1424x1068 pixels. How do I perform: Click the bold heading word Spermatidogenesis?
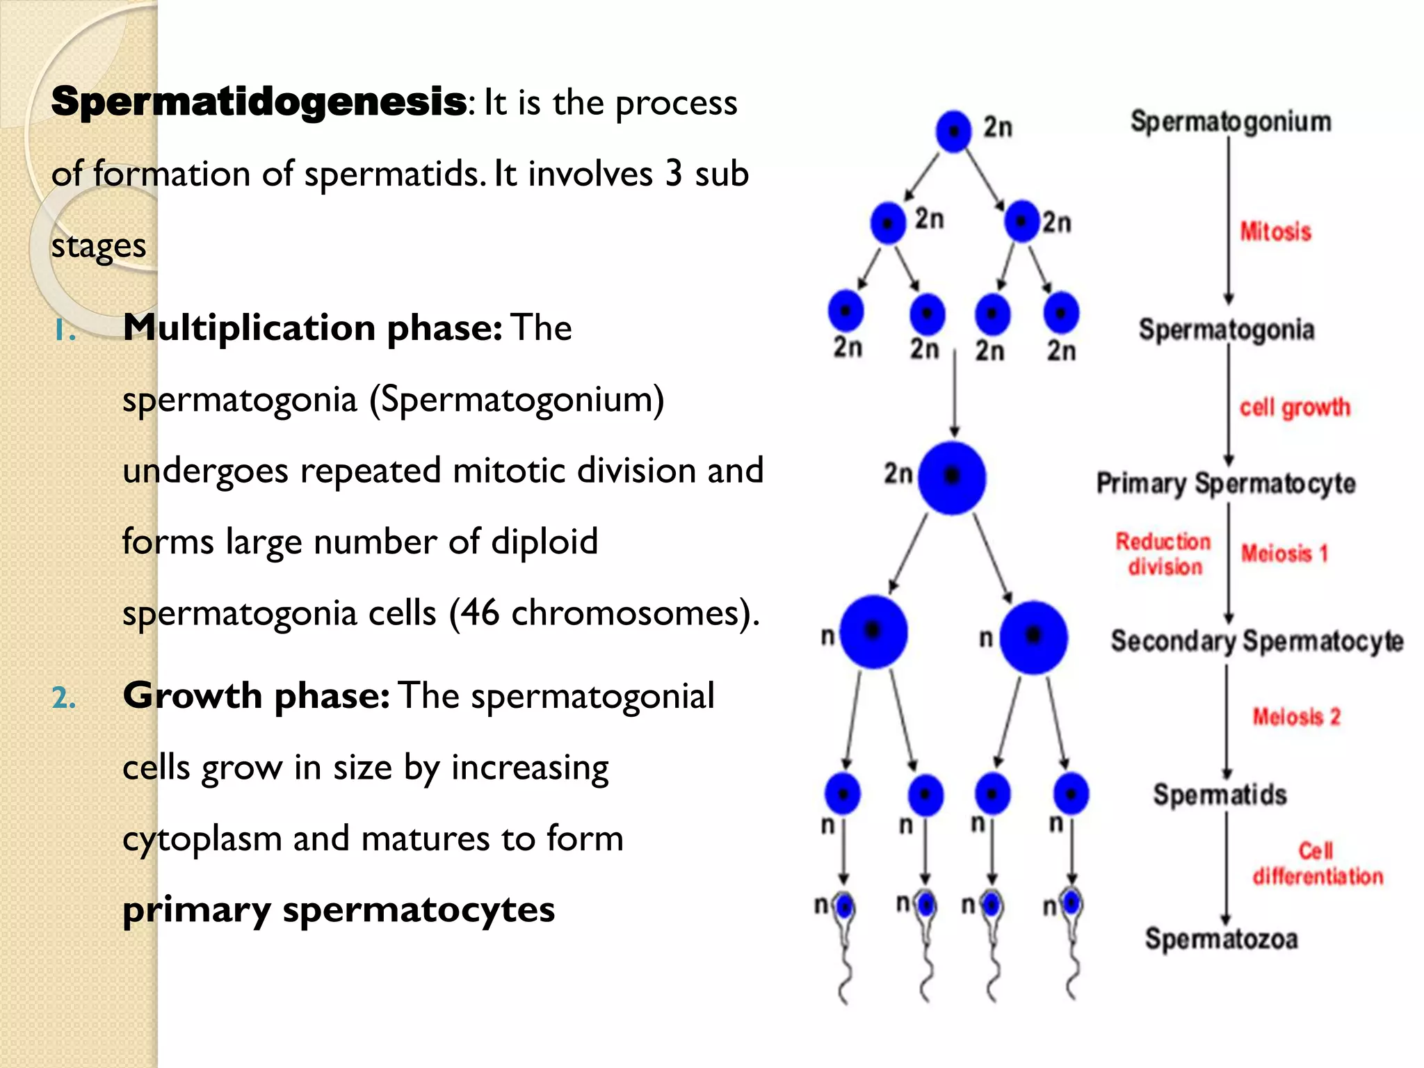[259, 102]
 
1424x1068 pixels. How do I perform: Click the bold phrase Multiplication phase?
[311, 327]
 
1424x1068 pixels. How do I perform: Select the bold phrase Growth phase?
[256, 695]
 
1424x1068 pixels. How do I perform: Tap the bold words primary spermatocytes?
[339, 909]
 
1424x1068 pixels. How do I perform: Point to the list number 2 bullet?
[63, 697]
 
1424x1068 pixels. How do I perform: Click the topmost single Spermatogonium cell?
[953, 131]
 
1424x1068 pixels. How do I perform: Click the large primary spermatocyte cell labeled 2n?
[951, 477]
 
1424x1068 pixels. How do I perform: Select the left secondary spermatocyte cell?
[873, 631]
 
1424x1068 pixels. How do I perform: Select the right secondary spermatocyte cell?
[1033, 637]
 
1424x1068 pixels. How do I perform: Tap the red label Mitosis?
[1275, 232]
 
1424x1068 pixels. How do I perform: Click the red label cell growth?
[1294, 407]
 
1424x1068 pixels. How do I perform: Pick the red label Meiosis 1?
[1284, 553]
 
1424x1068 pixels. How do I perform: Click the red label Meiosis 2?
[1296, 716]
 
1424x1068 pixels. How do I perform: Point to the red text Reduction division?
[1163, 554]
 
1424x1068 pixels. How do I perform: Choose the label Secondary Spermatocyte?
[1256, 641]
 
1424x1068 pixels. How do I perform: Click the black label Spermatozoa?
[1221, 939]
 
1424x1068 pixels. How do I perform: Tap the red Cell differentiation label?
[1317, 864]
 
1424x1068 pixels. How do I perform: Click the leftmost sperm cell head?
[845, 906]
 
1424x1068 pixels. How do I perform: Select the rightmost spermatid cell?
[1071, 793]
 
